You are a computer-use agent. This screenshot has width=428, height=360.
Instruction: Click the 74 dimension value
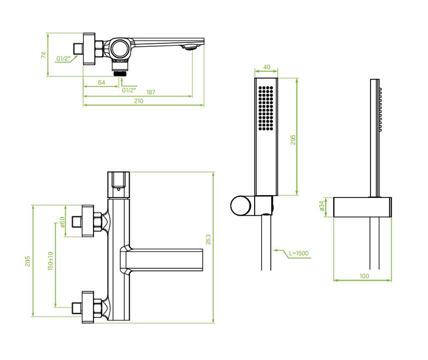tap(44, 55)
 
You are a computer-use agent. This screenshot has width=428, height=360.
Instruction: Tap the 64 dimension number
tap(101, 82)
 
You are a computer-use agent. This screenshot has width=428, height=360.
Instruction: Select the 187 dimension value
tap(151, 92)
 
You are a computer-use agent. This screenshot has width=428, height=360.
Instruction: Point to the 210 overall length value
tap(138, 101)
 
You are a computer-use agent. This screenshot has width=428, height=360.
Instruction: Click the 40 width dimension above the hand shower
tap(266, 67)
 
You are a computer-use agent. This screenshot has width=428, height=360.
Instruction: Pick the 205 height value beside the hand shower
tap(293, 140)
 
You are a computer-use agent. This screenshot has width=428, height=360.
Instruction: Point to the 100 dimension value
tap(364, 276)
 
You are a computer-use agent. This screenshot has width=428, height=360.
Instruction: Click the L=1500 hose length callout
tap(298, 254)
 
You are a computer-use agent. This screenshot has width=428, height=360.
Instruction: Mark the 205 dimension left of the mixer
tap(28, 261)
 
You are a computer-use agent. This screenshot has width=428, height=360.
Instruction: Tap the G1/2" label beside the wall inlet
tap(63, 59)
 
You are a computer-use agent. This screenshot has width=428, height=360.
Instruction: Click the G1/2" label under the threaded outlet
tap(129, 90)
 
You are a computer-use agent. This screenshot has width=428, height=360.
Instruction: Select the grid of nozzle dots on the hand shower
tap(266, 107)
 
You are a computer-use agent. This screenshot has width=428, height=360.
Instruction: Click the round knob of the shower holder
tap(241, 206)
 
